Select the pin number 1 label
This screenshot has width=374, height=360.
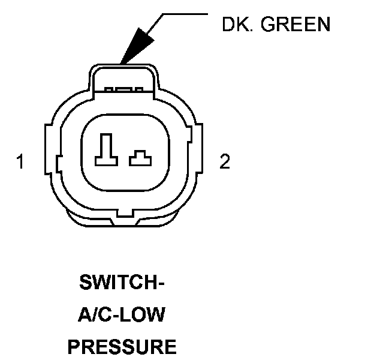(20, 162)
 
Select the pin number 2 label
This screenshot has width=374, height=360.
(224, 162)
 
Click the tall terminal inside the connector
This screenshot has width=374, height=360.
(106, 149)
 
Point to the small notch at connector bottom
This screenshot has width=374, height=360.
(124, 214)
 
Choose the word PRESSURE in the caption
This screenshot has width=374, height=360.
(122, 346)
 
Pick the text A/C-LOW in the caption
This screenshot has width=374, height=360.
(122, 314)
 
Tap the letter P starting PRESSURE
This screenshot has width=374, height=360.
(73, 346)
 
